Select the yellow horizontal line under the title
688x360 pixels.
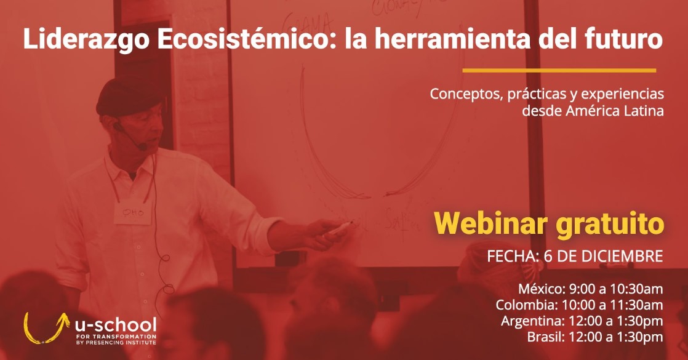point(559,70)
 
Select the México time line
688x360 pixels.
point(590,289)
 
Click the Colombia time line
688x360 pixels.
point(579,305)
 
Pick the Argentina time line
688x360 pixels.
point(582,321)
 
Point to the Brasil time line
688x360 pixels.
point(594,337)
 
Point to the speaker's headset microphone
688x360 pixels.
point(141,147)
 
